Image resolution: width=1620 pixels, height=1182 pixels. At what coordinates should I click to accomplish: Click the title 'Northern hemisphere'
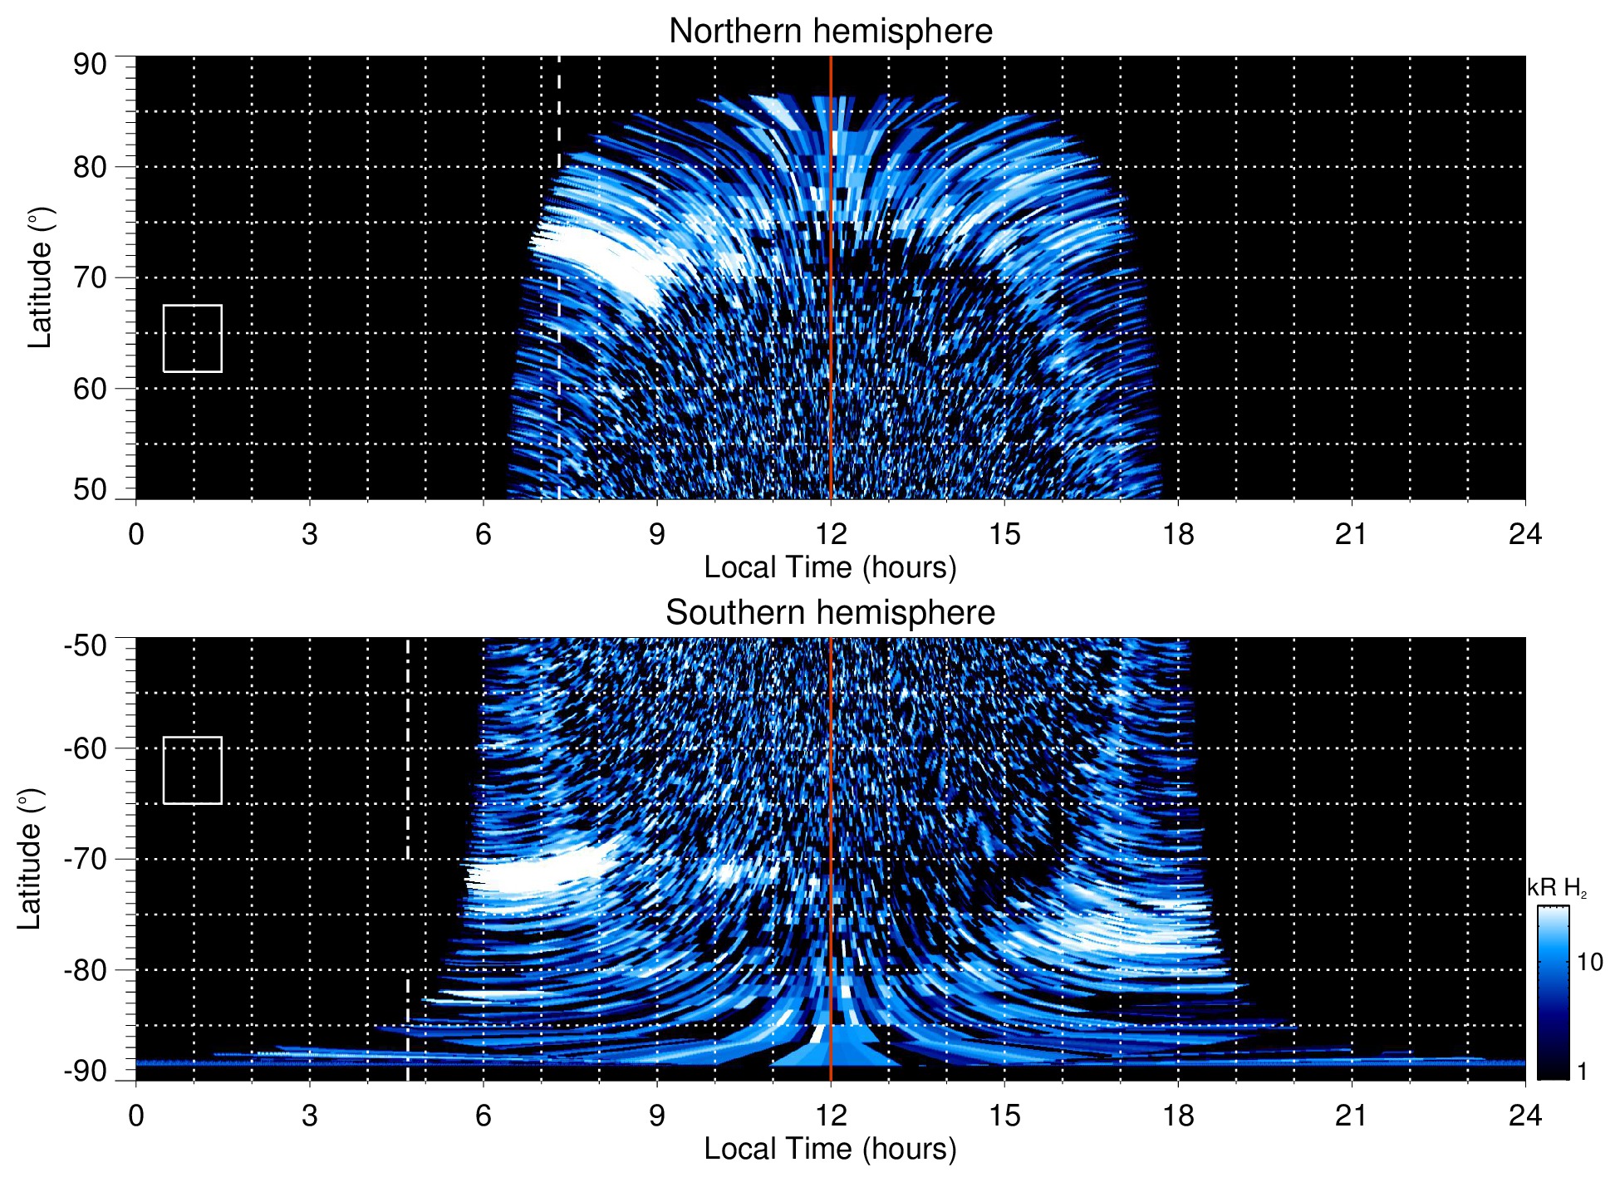(830, 32)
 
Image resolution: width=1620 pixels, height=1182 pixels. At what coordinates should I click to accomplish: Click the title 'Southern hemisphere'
(830, 613)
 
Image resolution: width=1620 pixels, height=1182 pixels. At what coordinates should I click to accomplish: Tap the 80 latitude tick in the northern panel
(90, 167)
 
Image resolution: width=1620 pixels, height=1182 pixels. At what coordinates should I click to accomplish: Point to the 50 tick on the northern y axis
(90, 489)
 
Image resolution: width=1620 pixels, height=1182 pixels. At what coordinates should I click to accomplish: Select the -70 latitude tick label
(86, 859)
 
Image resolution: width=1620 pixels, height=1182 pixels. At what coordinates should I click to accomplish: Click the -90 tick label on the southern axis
(86, 1071)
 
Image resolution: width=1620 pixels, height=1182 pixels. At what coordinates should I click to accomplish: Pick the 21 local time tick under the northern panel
(1351, 534)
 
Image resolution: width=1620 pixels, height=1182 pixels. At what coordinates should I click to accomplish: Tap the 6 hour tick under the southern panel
(484, 1116)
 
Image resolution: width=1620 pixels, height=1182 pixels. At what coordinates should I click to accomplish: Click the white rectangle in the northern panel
(193, 339)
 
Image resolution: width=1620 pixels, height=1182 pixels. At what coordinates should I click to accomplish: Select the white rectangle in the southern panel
(193, 770)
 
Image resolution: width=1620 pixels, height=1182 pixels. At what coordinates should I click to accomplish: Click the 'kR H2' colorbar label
(1557, 888)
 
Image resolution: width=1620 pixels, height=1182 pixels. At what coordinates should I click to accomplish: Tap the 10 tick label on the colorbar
(1589, 962)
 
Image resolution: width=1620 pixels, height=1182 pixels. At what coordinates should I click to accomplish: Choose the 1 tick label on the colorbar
(1582, 1072)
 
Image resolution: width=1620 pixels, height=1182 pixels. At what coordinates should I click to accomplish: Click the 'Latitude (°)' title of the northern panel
(40, 277)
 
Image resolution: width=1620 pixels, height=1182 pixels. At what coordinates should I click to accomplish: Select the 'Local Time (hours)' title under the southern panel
(830, 1149)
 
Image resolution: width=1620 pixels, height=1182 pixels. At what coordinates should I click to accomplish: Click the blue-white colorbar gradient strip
(1553, 993)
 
